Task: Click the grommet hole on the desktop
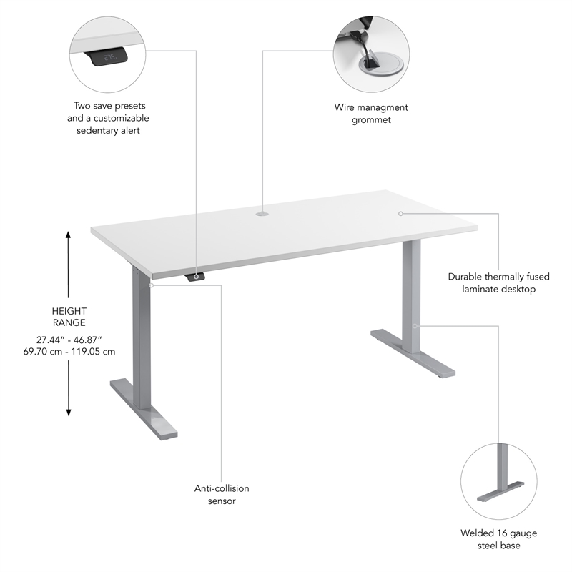[x=262, y=212]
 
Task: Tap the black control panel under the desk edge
[x=195, y=277]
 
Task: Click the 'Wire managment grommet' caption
[x=371, y=114]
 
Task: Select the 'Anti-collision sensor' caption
[x=222, y=495]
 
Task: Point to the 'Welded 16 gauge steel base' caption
[x=498, y=539]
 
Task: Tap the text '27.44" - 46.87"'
[x=69, y=338]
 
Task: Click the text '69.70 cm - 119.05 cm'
[x=69, y=351]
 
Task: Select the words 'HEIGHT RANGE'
[x=69, y=317]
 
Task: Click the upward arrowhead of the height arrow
[x=69, y=235]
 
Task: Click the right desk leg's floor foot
[x=413, y=353]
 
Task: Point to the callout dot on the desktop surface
[x=401, y=212]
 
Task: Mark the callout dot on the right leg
[x=414, y=325]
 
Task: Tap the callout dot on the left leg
[x=151, y=285]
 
